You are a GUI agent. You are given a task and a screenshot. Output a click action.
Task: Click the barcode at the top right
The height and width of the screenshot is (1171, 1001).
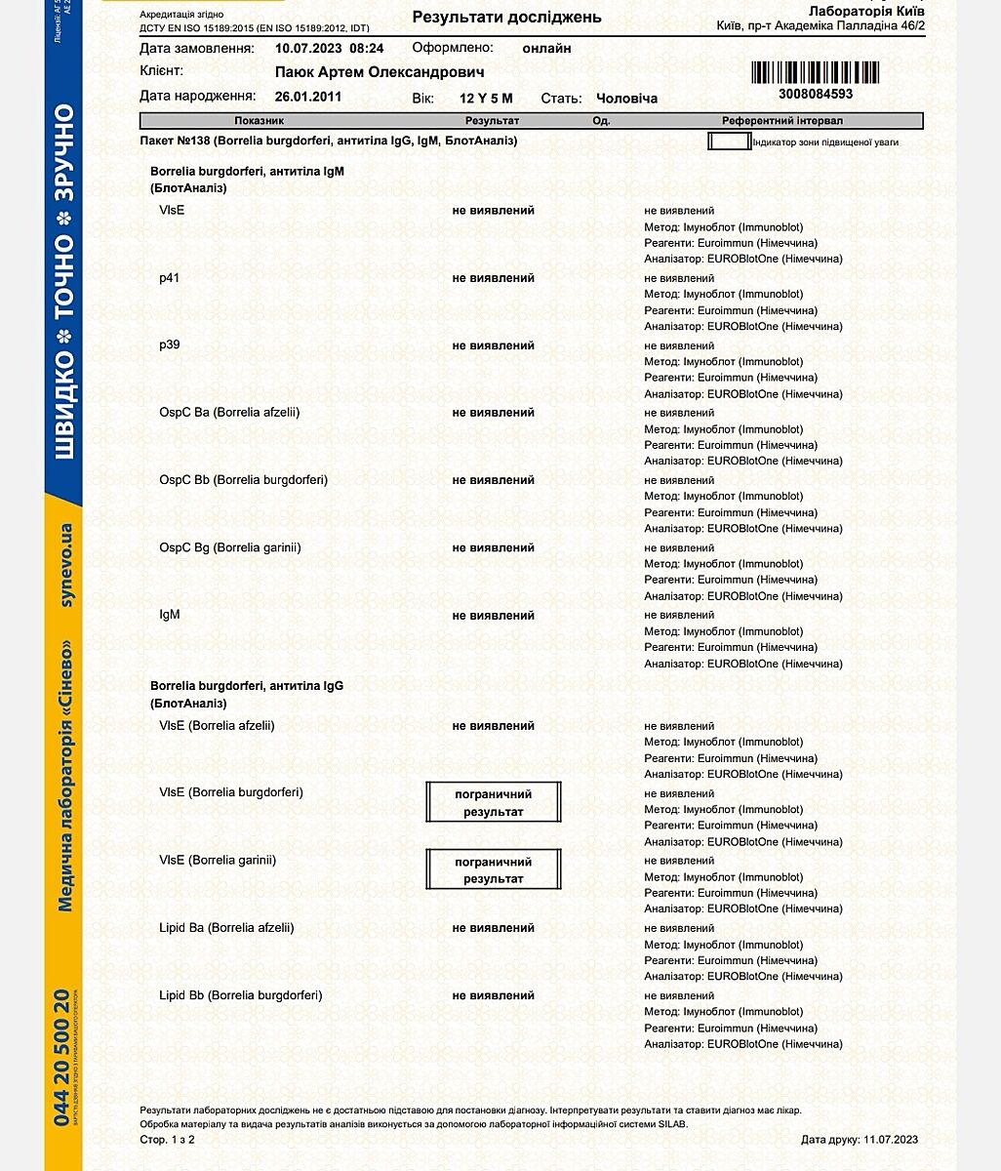pos(815,72)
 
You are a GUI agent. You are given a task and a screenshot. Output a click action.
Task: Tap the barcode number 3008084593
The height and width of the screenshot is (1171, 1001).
pos(816,94)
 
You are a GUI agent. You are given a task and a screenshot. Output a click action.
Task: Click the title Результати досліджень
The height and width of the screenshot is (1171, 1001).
pos(506,17)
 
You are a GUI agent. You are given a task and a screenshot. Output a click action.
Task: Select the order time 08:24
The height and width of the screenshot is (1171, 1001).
pos(367,48)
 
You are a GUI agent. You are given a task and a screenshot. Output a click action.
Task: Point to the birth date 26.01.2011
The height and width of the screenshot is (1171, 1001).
pos(308,97)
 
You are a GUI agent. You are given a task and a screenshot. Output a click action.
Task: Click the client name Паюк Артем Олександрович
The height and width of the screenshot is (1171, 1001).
pos(380,72)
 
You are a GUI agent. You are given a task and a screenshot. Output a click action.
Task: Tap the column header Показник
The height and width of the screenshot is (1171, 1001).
pos(259,121)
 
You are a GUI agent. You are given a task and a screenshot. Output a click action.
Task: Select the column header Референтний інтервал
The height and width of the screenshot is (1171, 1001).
pos(781,121)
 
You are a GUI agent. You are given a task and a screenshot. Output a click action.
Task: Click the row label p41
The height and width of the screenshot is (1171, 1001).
pos(170,278)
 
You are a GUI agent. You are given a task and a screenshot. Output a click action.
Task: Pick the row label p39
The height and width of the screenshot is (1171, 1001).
pos(170,345)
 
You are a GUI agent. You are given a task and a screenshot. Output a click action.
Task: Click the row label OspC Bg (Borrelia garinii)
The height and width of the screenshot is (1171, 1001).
pos(230,547)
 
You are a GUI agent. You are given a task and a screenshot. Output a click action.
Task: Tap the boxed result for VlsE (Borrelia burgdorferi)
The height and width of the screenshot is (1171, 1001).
pos(494,802)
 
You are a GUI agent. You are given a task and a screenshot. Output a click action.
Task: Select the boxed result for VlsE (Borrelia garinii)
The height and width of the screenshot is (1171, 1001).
pos(494,869)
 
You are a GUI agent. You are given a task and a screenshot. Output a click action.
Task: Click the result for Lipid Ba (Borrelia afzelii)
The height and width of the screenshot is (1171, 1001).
pos(494,928)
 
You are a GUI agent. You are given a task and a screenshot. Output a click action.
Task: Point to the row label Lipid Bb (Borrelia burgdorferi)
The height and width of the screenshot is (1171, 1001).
pos(241,995)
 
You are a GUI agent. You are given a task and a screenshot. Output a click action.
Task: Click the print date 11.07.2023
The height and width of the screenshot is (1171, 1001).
pos(891,1140)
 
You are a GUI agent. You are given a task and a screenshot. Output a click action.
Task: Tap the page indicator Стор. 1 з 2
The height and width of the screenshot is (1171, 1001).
pos(168,1140)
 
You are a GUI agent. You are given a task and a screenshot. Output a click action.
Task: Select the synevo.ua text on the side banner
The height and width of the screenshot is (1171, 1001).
pos(65,566)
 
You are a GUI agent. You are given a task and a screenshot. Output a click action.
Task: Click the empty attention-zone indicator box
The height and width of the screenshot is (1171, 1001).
pos(728,141)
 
